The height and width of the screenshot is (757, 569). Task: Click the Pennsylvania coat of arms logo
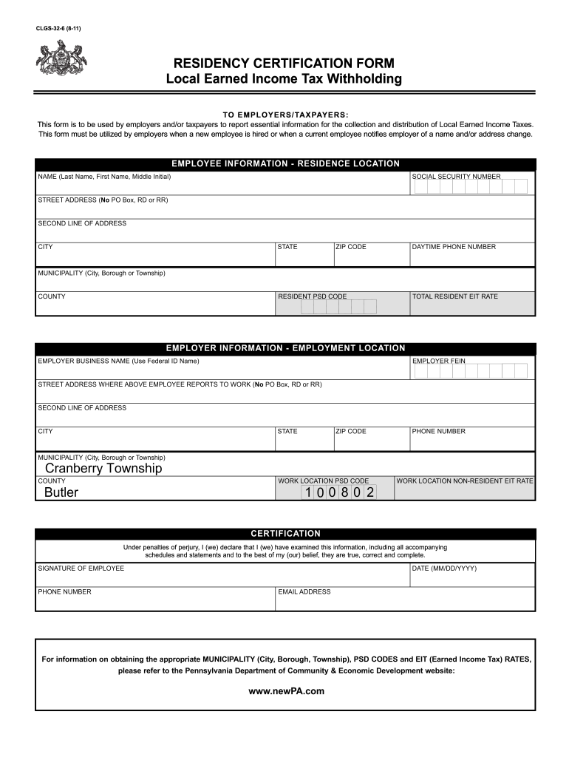62,58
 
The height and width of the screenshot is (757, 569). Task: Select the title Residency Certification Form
284,63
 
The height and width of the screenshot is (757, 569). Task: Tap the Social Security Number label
456,177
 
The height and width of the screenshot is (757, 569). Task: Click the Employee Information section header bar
285,163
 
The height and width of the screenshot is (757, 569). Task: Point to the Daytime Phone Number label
454,247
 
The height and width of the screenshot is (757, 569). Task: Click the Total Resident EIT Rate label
455,296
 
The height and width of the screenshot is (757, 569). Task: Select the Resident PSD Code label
312,296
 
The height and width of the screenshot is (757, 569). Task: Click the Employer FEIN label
439,361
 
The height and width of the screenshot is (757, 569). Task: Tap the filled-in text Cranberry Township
103,469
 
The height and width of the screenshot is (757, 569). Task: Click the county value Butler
61,492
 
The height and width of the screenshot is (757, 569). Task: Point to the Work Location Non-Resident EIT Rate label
465,481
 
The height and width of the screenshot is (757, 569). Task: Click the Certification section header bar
285,533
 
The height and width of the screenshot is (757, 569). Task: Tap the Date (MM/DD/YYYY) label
444,568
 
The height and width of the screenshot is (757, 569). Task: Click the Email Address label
304,592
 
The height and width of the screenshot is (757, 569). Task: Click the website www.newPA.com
287,691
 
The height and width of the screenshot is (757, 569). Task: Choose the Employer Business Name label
118,361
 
